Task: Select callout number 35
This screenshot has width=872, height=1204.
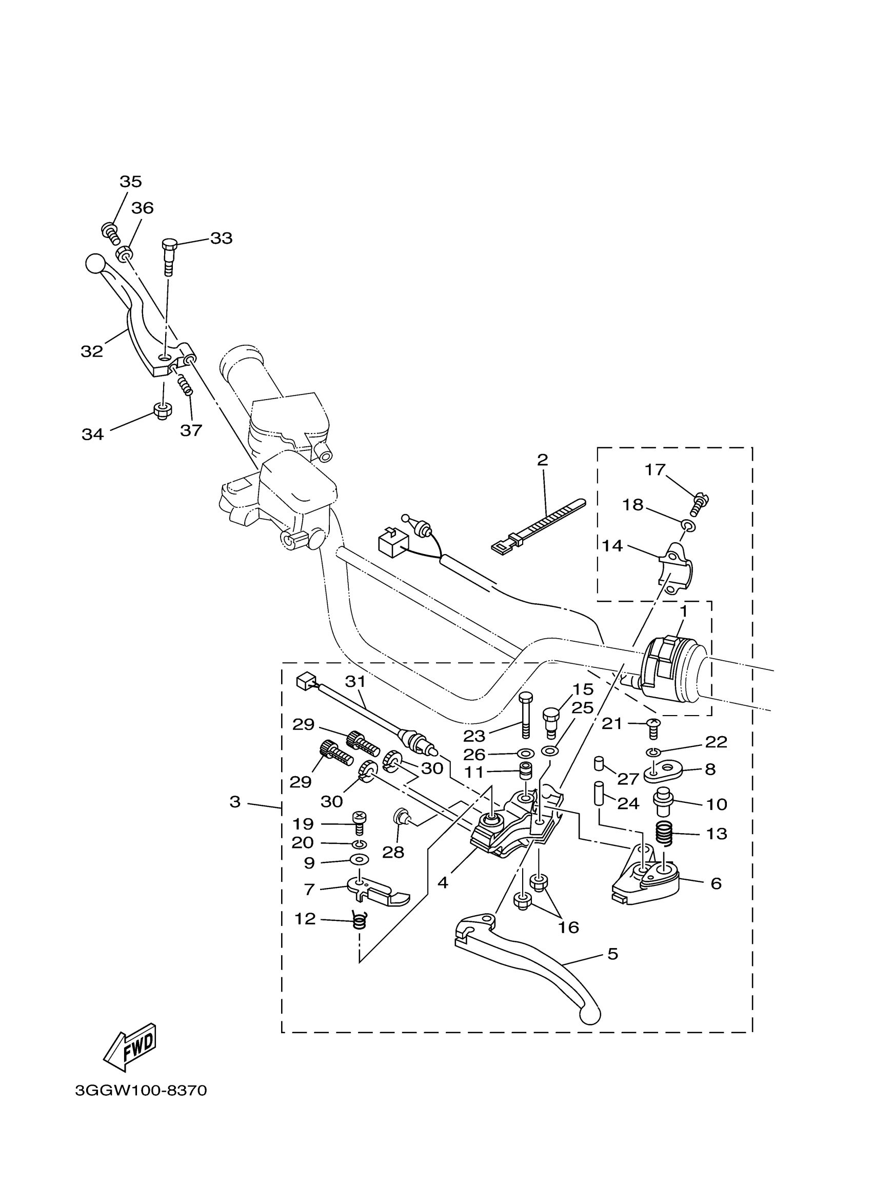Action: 131,182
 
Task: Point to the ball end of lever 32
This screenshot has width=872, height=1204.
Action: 94,263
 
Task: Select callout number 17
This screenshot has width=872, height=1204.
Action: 655,470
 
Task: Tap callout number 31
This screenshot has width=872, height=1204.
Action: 355,682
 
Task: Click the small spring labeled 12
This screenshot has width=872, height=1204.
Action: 361,920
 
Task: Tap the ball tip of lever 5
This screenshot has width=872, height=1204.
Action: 590,1016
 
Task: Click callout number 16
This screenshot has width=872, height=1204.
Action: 568,927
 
